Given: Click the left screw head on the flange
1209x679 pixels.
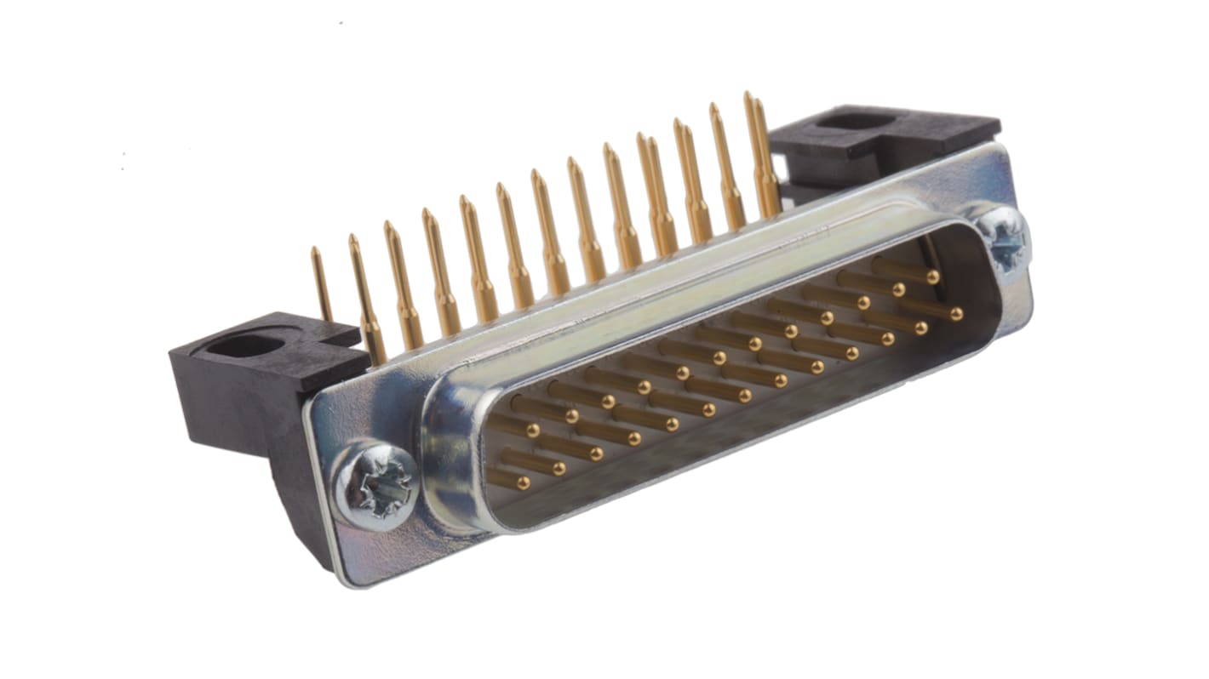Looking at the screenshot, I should pyautogui.click(x=375, y=485).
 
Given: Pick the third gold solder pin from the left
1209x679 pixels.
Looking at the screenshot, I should pyautogui.click(x=403, y=281).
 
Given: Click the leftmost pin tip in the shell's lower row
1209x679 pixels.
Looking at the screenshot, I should pyautogui.click(x=522, y=483).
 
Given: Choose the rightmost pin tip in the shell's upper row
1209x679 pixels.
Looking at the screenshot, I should pyautogui.click(x=933, y=277).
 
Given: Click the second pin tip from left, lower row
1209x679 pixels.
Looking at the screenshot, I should pyautogui.click(x=559, y=468).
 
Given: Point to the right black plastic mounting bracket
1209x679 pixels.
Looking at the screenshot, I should pyautogui.click(x=885, y=136).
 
